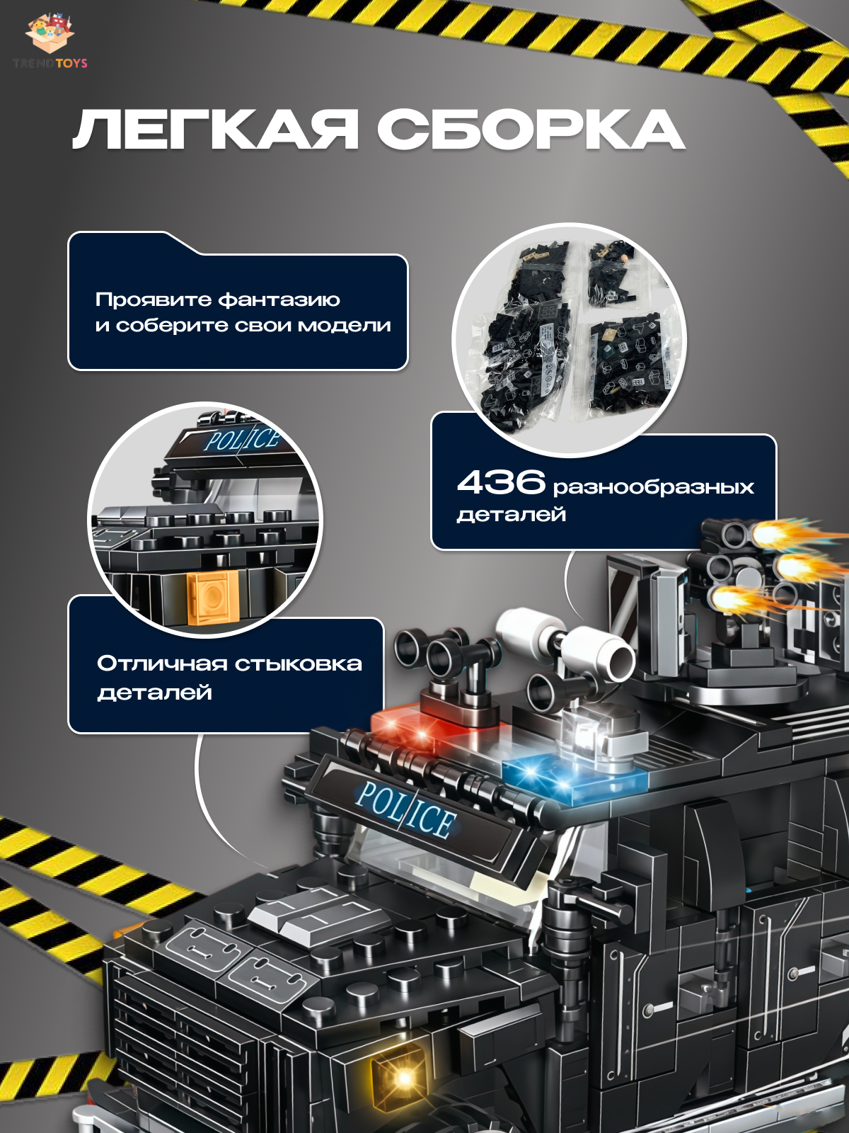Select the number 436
point(501,482)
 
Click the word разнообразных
point(654,486)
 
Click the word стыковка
point(299,664)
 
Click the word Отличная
point(162,664)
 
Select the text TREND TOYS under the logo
point(50,64)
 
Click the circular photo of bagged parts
point(569,340)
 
